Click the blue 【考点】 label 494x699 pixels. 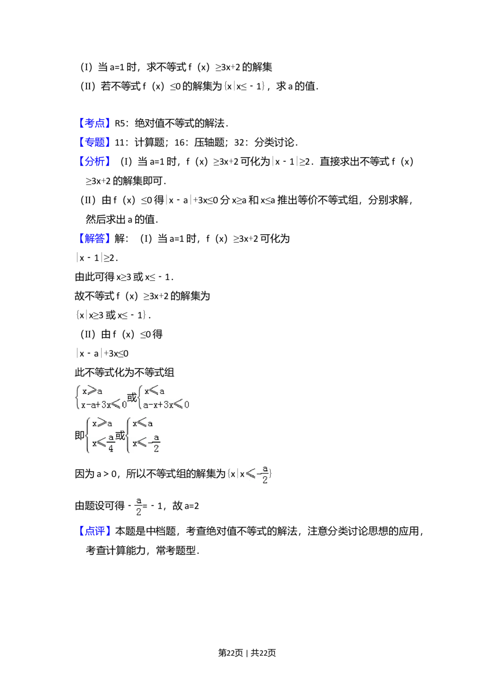[x=94, y=123]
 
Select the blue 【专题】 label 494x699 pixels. [x=94, y=142]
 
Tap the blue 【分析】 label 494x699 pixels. [x=94, y=161]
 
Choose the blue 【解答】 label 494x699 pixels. [x=94, y=238]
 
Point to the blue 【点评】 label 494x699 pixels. [x=94, y=530]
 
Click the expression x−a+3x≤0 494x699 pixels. [x=104, y=405]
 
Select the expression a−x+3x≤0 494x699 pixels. [x=165, y=405]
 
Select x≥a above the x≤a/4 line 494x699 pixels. [x=102, y=423]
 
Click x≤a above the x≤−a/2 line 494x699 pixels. [x=142, y=423]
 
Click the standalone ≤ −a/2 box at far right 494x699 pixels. [x=255, y=473]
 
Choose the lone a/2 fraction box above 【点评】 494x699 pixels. [x=138, y=505]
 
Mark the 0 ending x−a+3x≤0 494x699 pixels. [x=124, y=405]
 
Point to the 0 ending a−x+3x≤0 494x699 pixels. [x=186, y=405]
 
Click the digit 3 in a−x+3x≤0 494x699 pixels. [x=165, y=405]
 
